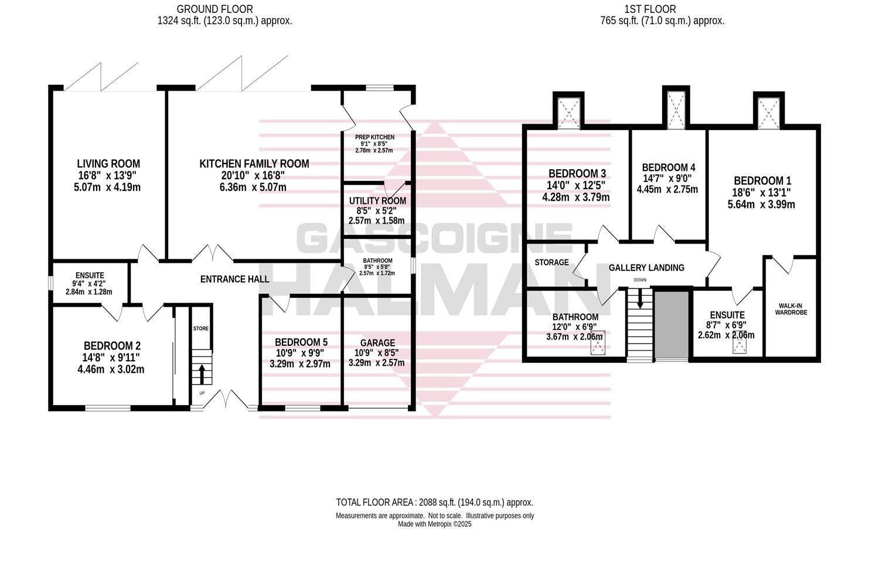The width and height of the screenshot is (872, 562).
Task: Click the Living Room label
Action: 108,164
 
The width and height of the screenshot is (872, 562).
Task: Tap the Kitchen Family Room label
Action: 254,164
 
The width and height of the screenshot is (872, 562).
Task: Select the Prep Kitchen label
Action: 374,137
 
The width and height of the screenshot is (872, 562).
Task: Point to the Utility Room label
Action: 377,201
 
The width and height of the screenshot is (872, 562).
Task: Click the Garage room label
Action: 377,342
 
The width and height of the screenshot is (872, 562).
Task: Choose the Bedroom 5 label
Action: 301,342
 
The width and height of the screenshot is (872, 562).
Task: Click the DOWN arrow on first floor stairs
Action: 640,300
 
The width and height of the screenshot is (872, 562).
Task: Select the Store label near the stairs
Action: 201,329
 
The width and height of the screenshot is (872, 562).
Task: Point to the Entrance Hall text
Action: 234,279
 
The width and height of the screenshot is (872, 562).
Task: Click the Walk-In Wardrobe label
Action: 791,309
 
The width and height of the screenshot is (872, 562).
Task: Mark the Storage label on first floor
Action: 551,262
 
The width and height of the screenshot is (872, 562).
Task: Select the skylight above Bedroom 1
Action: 768,111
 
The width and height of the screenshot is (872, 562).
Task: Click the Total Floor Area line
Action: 434,502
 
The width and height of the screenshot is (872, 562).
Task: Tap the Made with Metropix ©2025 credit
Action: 434,525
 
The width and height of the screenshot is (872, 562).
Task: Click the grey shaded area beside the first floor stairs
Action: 672,324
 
